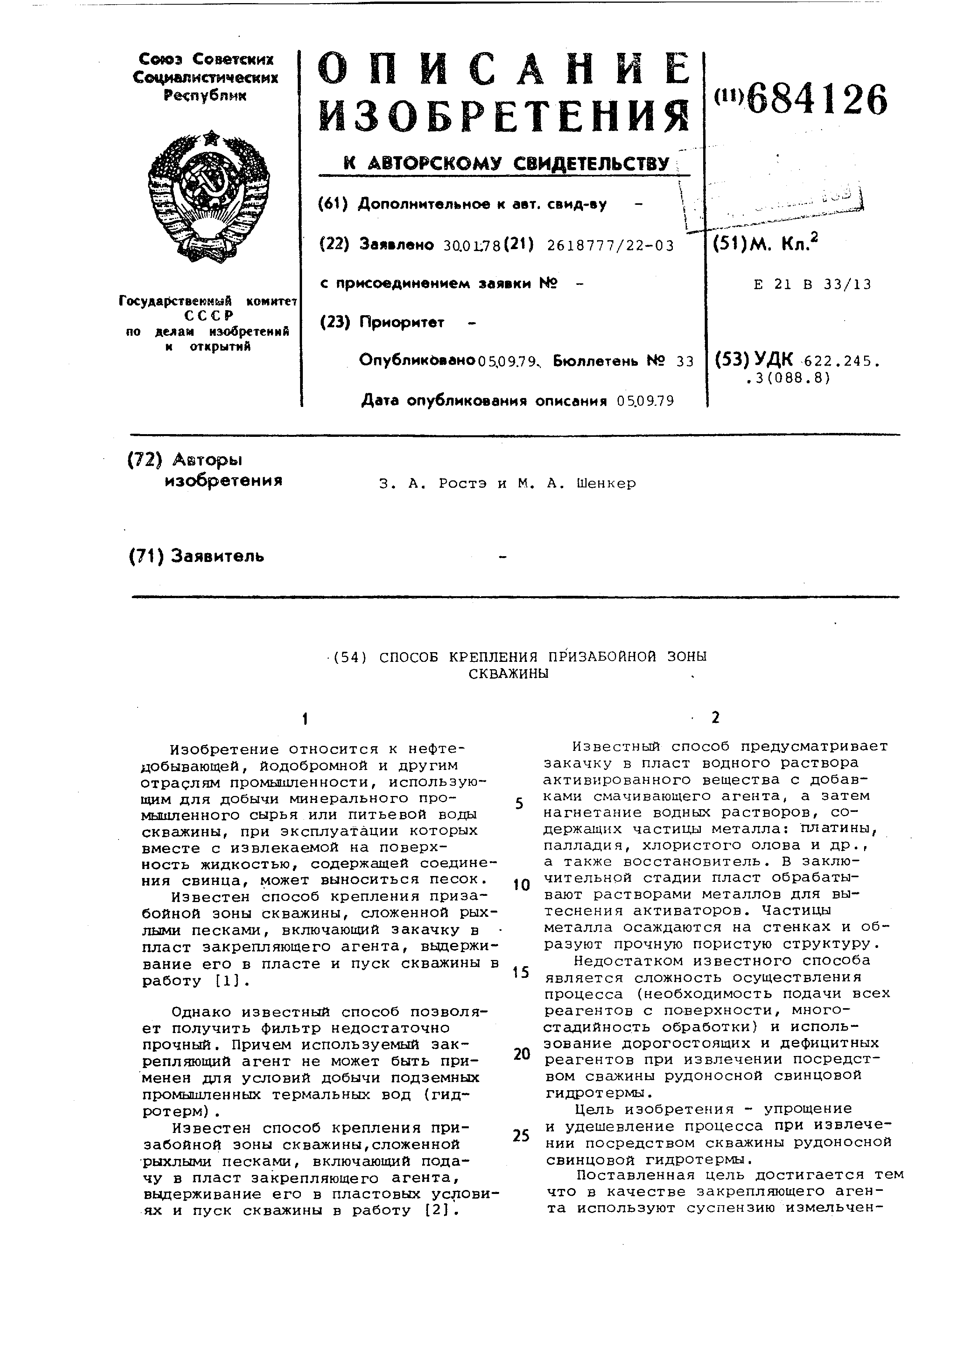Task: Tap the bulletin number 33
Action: point(685,361)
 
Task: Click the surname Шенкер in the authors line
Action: point(606,483)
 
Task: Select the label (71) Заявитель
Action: point(196,556)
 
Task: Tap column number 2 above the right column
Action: point(715,718)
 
